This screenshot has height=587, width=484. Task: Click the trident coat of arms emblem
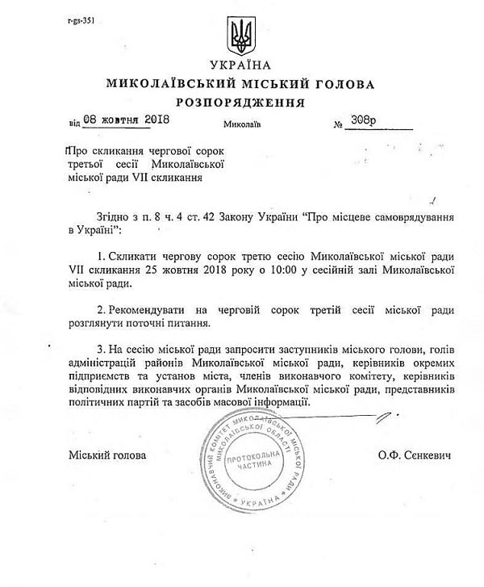241,35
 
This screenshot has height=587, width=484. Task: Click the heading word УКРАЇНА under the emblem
241,65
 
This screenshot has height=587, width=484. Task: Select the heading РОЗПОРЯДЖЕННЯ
241,103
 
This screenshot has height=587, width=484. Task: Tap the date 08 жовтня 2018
117,122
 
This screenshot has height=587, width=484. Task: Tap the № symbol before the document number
337,124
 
